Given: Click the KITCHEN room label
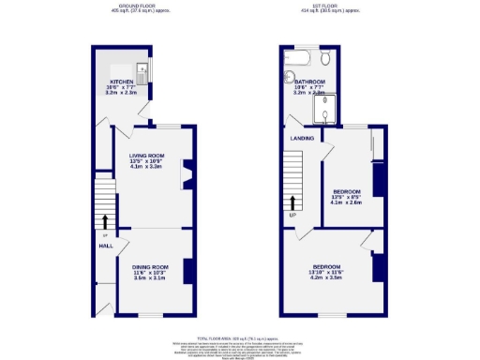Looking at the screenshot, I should [x=122, y=82].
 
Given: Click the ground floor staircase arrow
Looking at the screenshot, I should [x=105, y=220].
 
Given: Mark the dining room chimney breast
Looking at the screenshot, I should [x=187, y=270].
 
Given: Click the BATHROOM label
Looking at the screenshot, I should [x=309, y=82].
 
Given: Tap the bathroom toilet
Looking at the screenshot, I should [x=337, y=59].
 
